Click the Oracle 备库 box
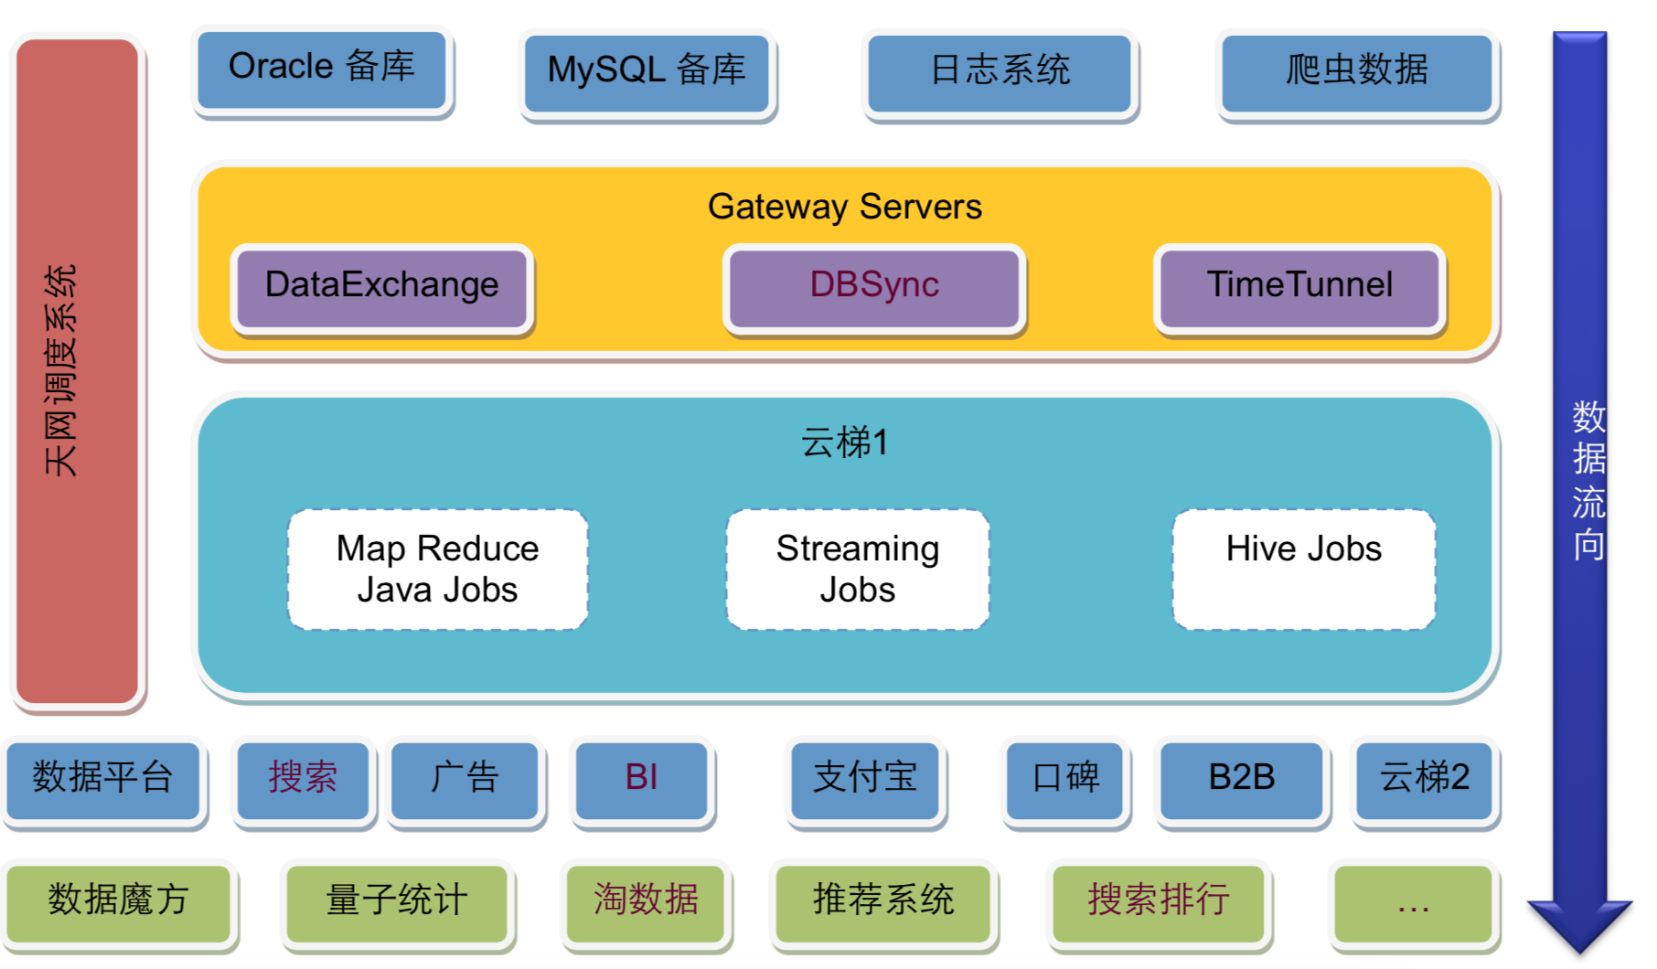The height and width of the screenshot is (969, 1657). (x=322, y=69)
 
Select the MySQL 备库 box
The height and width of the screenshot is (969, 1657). (x=647, y=72)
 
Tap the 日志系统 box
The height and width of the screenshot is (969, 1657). (x=1000, y=72)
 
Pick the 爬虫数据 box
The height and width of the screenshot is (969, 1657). (x=1357, y=72)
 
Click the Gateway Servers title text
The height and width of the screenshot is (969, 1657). (x=844, y=207)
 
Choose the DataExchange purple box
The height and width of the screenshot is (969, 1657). (x=382, y=287)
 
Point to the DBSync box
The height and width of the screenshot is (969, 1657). (x=874, y=287)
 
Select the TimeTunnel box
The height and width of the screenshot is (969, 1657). (x=1299, y=287)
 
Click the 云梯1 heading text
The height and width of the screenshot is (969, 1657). (x=844, y=442)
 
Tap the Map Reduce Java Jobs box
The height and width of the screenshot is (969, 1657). (x=437, y=569)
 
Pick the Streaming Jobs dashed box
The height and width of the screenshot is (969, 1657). (x=858, y=569)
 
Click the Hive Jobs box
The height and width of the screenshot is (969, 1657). (x=1304, y=569)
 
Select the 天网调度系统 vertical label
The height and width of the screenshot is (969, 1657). (x=61, y=370)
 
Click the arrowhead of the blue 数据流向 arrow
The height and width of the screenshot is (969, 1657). (x=1579, y=923)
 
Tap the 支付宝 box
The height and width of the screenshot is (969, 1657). (x=865, y=780)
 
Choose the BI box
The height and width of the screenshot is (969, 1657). (x=641, y=780)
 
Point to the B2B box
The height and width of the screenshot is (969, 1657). (x=1241, y=780)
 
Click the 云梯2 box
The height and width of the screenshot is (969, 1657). (x=1424, y=780)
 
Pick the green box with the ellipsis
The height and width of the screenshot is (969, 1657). (x=1413, y=902)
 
